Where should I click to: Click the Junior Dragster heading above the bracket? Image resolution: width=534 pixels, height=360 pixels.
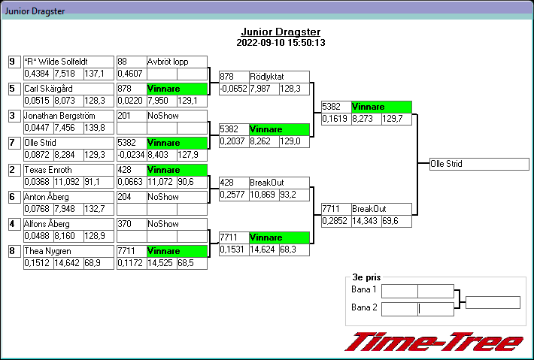click(x=281, y=32)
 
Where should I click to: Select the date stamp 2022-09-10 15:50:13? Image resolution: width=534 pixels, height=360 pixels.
click(x=281, y=43)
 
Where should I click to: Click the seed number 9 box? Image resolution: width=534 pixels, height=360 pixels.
click(x=14, y=62)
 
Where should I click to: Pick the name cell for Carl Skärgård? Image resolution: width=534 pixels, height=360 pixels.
click(x=68, y=89)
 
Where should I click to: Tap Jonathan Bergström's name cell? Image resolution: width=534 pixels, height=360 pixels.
click(x=68, y=116)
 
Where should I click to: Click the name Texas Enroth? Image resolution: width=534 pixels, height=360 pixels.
click(x=68, y=170)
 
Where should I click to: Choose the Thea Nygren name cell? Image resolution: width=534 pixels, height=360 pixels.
click(x=68, y=251)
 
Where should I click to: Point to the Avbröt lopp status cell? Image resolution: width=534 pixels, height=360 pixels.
click(x=177, y=62)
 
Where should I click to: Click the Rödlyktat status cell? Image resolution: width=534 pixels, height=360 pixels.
click(x=279, y=77)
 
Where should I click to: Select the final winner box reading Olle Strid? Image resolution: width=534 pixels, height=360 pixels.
click(x=479, y=164)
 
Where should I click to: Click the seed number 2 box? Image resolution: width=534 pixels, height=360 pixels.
click(x=14, y=170)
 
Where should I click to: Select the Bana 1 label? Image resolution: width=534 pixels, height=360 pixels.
click(x=364, y=290)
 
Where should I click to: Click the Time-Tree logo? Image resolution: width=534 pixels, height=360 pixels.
click(x=433, y=342)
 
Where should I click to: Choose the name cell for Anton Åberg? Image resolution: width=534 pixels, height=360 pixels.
click(x=68, y=197)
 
